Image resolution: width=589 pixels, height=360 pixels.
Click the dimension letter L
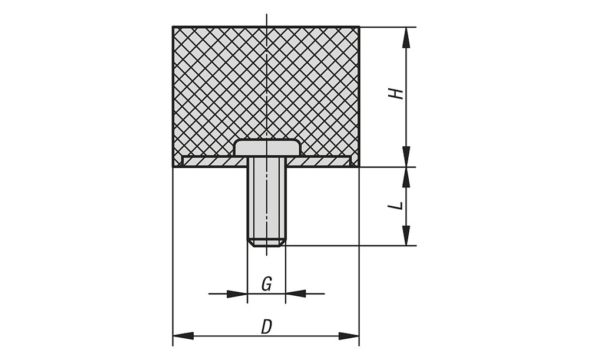tap(397, 206)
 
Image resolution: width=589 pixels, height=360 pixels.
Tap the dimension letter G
tap(266, 284)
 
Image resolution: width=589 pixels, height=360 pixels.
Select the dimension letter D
tap(266, 326)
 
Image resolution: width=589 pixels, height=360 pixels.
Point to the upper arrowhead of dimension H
tap(406, 38)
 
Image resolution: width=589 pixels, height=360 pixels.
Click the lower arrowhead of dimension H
tap(406, 156)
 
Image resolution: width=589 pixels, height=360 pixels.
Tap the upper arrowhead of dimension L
tap(406, 177)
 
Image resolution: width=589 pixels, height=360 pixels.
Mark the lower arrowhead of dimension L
tap(406, 235)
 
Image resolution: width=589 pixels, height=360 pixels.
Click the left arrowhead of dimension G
tap(237, 293)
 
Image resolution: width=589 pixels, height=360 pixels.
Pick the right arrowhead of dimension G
tap(296, 293)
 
